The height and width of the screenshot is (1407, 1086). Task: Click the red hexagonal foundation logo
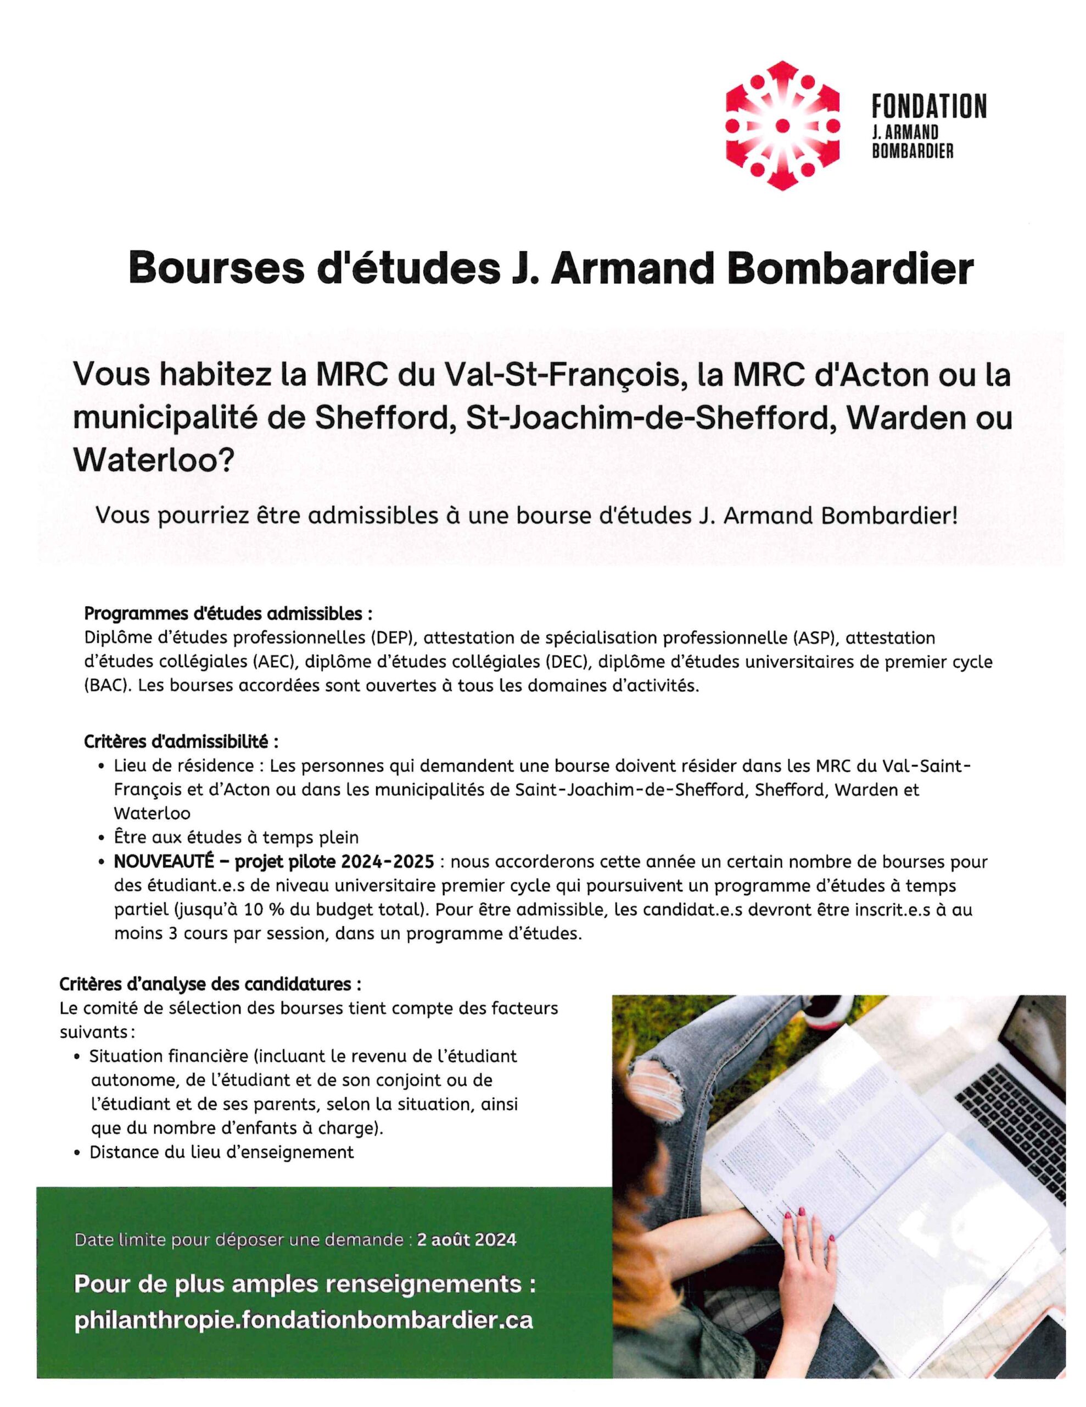pos(782,126)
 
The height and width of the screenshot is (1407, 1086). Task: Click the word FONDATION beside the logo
pos(928,106)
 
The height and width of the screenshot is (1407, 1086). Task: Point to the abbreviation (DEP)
pos(394,638)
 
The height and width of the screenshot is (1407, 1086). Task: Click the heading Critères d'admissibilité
pos(181,741)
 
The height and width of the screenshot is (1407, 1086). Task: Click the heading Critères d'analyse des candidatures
pos(210,984)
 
